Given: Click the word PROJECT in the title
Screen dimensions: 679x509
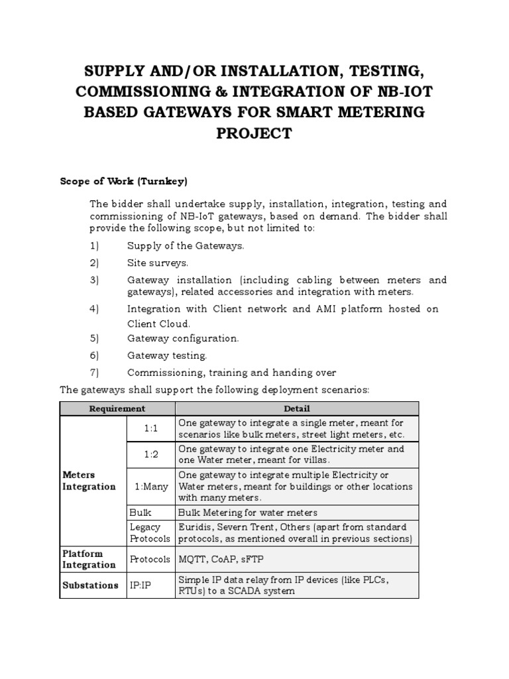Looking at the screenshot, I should [254, 133].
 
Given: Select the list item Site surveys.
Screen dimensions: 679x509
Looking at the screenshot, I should [158, 263].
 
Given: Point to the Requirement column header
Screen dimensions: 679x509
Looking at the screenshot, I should [117, 408].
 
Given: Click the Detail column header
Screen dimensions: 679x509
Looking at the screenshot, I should [297, 408].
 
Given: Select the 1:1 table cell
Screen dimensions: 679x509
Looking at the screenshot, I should [151, 428].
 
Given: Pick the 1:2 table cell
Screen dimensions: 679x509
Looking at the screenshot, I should [151, 455].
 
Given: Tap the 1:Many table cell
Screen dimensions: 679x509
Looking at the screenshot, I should [151, 486].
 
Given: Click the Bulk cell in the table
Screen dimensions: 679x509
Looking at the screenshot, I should [141, 513].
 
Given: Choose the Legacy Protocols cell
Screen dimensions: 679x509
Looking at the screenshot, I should [145, 532].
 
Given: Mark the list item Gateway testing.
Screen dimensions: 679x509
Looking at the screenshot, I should [167, 355].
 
